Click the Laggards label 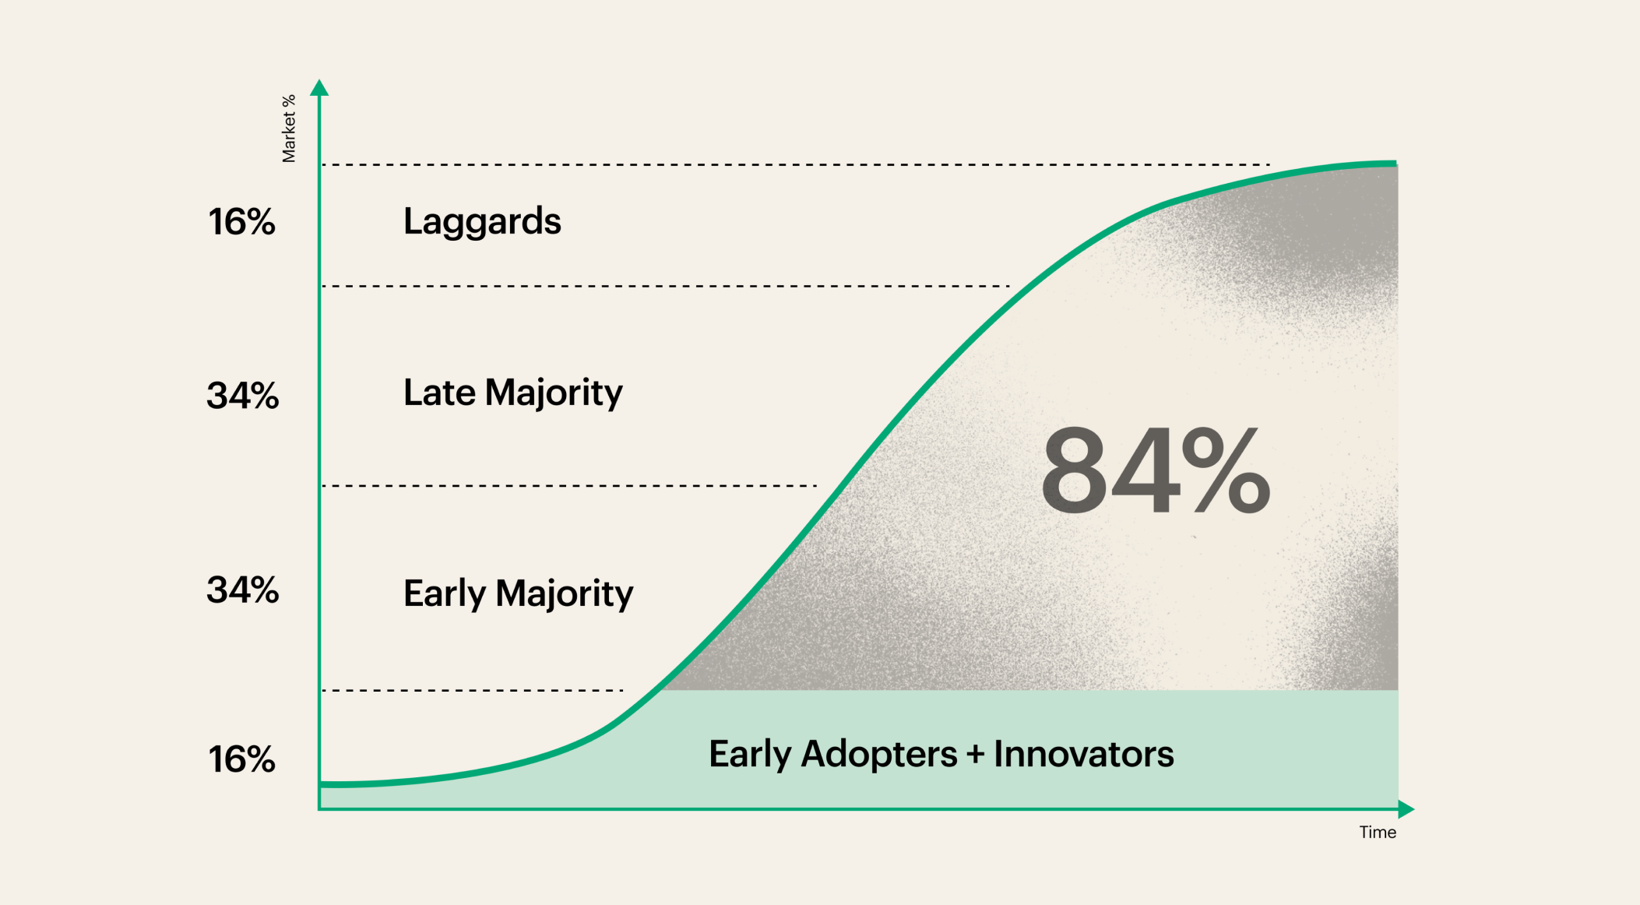click(x=482, y=222)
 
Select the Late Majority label click(x=513, y=393)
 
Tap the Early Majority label click(x=519, y=594)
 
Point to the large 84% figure click(x=1156, y=470)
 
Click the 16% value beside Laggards click(x=241, y=222)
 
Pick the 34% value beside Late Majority click(x=242, y=396)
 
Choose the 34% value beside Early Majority click(x=242, y=590)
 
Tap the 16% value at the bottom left click(x=241, y=759)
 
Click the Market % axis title click(x=289, y=129)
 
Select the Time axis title click(x=1378, y=833)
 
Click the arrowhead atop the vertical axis click(x=319, y=87)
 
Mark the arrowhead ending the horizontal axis click(x=1406, y=809)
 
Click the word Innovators click(x=1084, y=754)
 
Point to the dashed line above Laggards click(x=796, y=165)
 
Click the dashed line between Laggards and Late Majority click(x=666, y=287)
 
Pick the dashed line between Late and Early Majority click(x=569, y=486)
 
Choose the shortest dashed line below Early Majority click(x=473, y=690)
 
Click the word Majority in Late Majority click(x=554, y=393)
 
